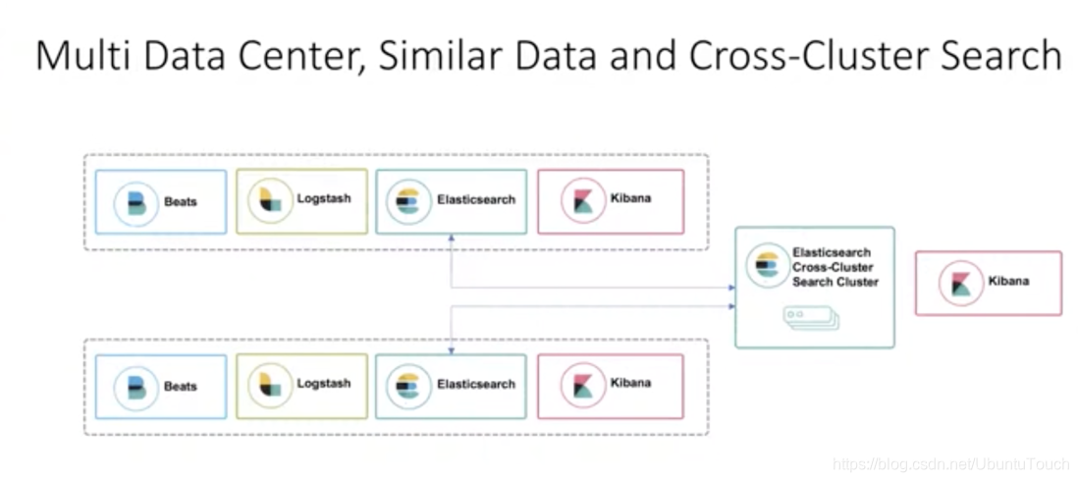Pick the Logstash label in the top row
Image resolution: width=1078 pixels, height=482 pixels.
tap(323, 198)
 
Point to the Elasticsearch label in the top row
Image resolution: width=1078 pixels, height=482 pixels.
tap(475, 199)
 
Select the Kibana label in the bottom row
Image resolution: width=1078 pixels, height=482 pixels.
tap(630, 383)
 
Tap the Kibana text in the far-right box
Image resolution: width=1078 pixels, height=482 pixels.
tap(1008, 281)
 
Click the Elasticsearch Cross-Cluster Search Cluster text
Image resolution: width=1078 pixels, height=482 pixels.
tap(835, 267)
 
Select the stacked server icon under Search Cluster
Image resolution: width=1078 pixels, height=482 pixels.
tap(811, 316)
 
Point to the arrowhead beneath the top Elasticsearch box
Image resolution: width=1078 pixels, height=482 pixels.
tap(451, 238)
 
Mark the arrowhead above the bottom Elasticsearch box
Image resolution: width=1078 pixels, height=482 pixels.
tap(451, 349)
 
